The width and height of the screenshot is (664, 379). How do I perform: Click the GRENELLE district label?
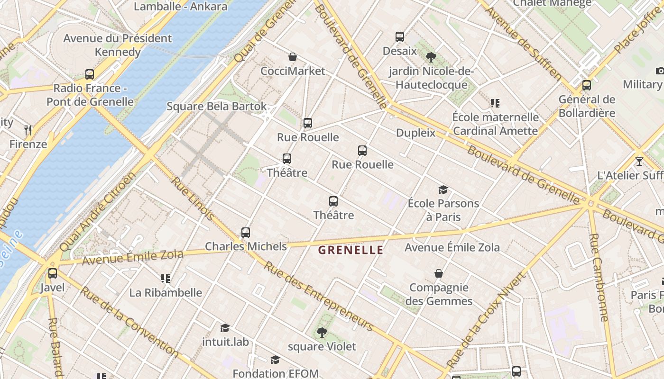350,250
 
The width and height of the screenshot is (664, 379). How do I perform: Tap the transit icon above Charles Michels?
245,233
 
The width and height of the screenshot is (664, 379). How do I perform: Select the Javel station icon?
53,273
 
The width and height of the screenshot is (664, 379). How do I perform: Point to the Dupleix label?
415,133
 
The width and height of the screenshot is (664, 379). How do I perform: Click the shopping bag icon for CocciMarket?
293,57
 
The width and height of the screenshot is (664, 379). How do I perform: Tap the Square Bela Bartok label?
217,106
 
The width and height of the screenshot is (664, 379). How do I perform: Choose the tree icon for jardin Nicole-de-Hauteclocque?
431,58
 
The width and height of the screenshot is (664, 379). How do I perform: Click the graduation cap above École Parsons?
443,190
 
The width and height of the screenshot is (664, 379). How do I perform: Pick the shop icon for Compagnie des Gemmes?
439,273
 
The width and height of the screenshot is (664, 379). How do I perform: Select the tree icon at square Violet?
322,333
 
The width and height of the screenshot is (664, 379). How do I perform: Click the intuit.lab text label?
225,342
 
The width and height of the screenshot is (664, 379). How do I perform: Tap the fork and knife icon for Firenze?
28,130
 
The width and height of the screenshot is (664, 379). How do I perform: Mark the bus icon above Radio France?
90,74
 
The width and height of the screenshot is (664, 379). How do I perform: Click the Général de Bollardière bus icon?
587,85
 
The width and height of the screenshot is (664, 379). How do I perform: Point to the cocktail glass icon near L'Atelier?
639,162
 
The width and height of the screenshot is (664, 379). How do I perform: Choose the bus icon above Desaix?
400,37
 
